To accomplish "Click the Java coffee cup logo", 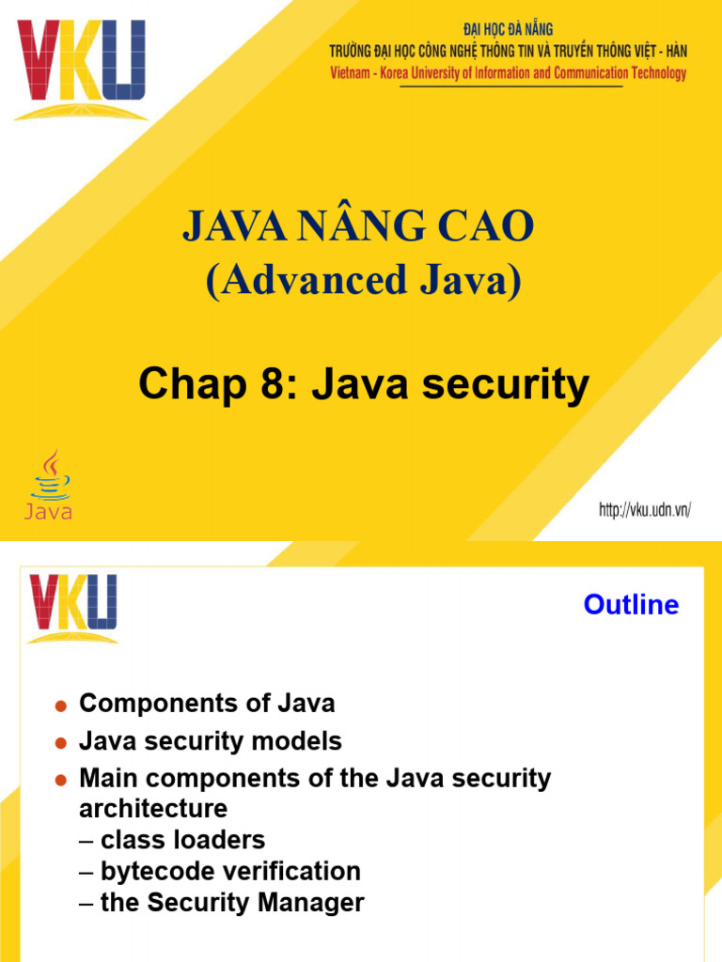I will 48,485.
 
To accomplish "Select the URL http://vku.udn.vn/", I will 645,510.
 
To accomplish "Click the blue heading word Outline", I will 631,605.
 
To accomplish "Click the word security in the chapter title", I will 511,385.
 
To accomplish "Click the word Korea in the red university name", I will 423,73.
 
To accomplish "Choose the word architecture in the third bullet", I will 153,808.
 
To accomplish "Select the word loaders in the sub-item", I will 223,840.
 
